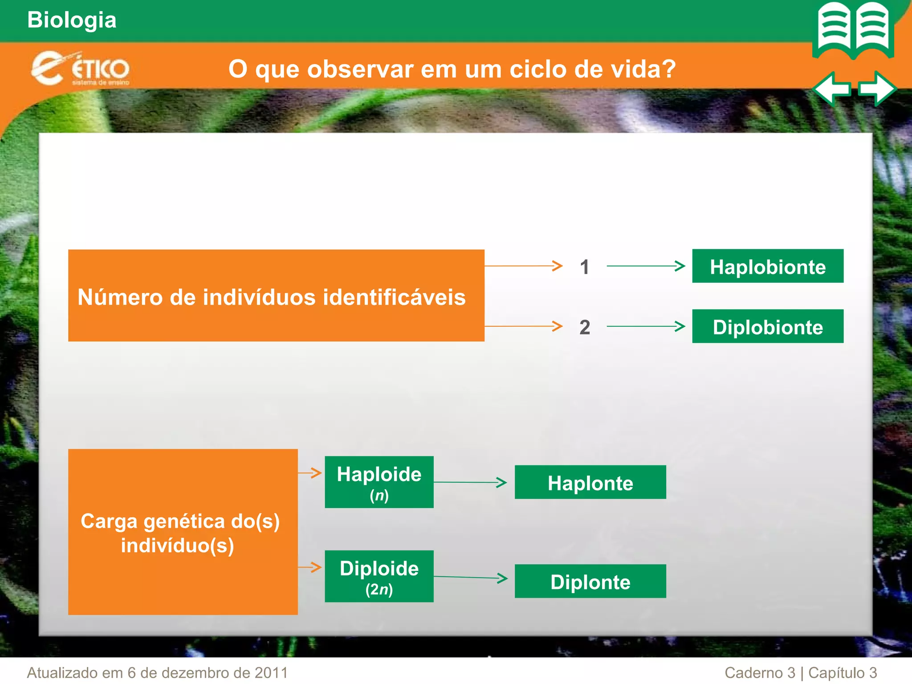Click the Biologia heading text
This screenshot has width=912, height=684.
[72, 20]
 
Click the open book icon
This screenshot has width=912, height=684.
[853, 30]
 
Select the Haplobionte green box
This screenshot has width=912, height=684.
[767, 266]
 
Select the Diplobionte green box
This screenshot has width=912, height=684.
[767, 326]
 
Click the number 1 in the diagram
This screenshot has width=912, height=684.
[584, 267]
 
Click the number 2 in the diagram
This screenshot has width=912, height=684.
[584, 327]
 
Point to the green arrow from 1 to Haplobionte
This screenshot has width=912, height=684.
[646, 266]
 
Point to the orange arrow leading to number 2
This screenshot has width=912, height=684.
[523, 326]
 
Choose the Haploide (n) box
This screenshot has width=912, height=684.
[379, 482]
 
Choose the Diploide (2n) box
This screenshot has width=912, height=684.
[379, 576]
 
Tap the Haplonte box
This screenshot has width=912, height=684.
[590, 482]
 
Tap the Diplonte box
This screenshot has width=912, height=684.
[590, 581]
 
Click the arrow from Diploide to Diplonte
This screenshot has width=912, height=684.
[470, 578]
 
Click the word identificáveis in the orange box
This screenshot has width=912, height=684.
[394, 297]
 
